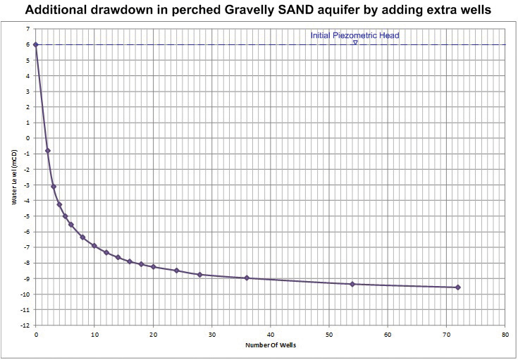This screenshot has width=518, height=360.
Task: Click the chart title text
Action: [259, 11]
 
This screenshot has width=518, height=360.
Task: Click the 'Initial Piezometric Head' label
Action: [354, 35]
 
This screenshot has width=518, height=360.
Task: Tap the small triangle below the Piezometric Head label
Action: [355, 42]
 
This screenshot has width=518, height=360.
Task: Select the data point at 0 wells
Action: [35, 44]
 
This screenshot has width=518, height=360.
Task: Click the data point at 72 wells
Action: [458, 287]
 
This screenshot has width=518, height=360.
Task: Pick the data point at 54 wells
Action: [352, 284]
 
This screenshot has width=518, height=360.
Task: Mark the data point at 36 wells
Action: [247, 278]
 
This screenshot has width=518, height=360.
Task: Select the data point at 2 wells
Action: [47, 151]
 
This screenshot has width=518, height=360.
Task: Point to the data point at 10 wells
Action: [94, 246]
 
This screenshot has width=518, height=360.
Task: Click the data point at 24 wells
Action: [176, 271]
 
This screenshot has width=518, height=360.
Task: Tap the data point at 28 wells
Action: [200, 275]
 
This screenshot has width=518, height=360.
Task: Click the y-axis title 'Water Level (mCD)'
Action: [14, 177]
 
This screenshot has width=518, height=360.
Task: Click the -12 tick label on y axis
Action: [25, 325]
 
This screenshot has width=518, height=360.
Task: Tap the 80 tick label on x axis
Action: [505, 333]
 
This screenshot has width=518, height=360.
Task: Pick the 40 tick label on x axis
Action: [270, 333]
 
